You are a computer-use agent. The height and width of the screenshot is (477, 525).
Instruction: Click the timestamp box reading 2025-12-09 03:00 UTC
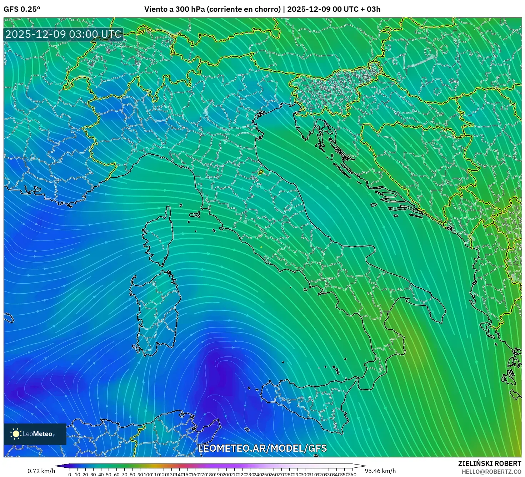click(63, 34)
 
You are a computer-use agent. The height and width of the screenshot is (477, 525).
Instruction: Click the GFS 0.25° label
click(22, 9)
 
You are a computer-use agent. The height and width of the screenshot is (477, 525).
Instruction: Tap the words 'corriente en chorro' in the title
click(243, 9)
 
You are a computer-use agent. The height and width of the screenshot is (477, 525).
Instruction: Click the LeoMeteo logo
click(35, 434)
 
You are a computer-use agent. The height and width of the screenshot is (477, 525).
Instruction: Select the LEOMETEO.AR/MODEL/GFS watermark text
click(262, 448)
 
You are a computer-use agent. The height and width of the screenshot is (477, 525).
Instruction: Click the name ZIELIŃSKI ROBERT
click(490, 463)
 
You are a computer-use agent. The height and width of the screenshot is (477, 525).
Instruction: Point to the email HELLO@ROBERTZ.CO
click(491, 472)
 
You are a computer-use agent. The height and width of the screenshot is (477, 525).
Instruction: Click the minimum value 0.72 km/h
click(41, 471)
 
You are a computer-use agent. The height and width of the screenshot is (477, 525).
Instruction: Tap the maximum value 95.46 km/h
click(380, 471)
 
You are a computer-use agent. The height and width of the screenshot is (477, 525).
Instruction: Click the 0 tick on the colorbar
click(70, 475)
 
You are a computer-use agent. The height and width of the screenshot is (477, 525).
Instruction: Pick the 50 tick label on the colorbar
click(109, 475)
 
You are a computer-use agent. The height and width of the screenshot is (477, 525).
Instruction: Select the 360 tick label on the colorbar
click(352, 475)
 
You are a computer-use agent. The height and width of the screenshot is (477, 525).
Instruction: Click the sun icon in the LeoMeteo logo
click(16, 434)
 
